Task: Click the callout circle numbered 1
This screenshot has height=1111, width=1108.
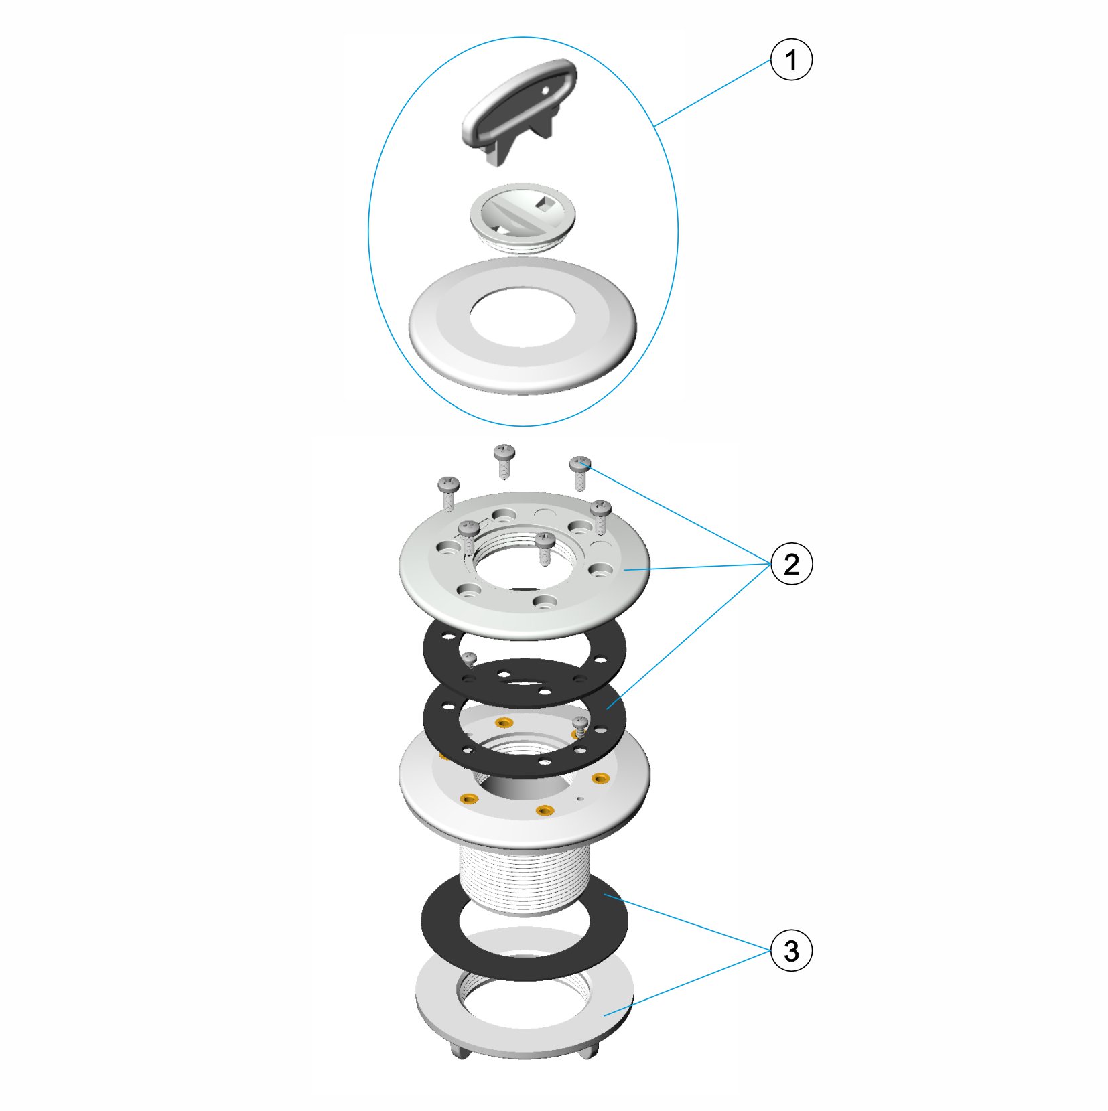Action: [790, 60]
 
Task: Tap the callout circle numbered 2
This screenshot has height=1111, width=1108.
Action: [791, 564]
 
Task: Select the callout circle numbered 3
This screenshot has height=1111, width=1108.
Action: [791, 950]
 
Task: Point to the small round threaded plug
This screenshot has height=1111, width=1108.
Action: [522, 217]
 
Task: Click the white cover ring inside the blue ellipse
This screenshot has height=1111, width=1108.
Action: [523, 326]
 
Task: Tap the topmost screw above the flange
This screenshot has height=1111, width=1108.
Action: [504, 460]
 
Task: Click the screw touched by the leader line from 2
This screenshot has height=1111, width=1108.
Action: [580, 472]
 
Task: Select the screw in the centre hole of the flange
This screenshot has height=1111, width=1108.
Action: [545, 547]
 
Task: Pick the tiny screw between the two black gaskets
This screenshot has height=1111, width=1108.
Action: [470, 659]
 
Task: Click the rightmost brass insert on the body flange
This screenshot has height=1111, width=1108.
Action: [600, 778]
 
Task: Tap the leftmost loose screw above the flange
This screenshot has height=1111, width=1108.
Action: [448, 492]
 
